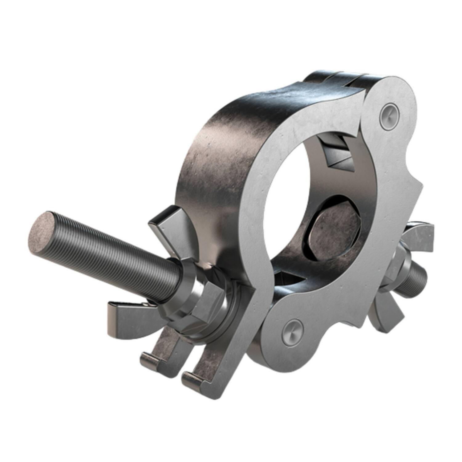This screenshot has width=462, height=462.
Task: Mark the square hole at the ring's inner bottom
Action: pos(288,279)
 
